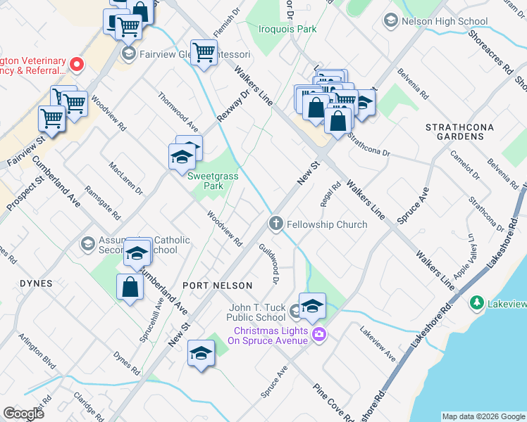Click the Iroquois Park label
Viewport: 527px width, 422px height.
click(287, 29)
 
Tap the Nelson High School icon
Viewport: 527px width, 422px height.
click(390, 21)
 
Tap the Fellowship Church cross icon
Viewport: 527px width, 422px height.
click(275, 224)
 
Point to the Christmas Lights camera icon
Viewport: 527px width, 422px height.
click(318, 334)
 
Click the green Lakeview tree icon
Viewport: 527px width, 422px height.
click(477, 303)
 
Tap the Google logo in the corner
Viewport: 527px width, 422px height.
click(23, 414)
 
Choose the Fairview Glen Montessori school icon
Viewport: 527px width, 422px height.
click(128, 53)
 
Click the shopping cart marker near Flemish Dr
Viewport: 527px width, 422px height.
click(204, 53)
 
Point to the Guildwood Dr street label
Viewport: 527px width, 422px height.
click(270, 264)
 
